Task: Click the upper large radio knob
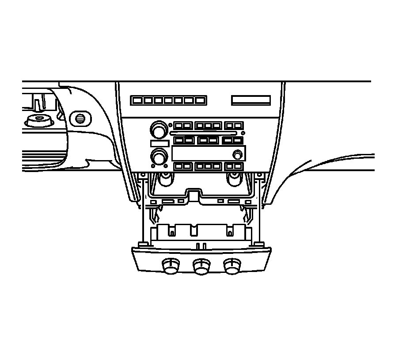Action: [157, 130]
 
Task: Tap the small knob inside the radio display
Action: [238, 154]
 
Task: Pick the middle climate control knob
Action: [201, 267]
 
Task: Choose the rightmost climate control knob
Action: [231, 267]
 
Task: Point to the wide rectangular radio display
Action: [208, 153]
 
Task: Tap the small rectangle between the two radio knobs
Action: [159, 143]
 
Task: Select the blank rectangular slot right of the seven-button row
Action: [251, 100]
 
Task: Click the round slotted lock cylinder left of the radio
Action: [80, 118]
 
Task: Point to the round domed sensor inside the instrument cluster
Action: [37, 120]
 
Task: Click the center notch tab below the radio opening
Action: [194, 195]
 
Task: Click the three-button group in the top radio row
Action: [208, 126]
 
